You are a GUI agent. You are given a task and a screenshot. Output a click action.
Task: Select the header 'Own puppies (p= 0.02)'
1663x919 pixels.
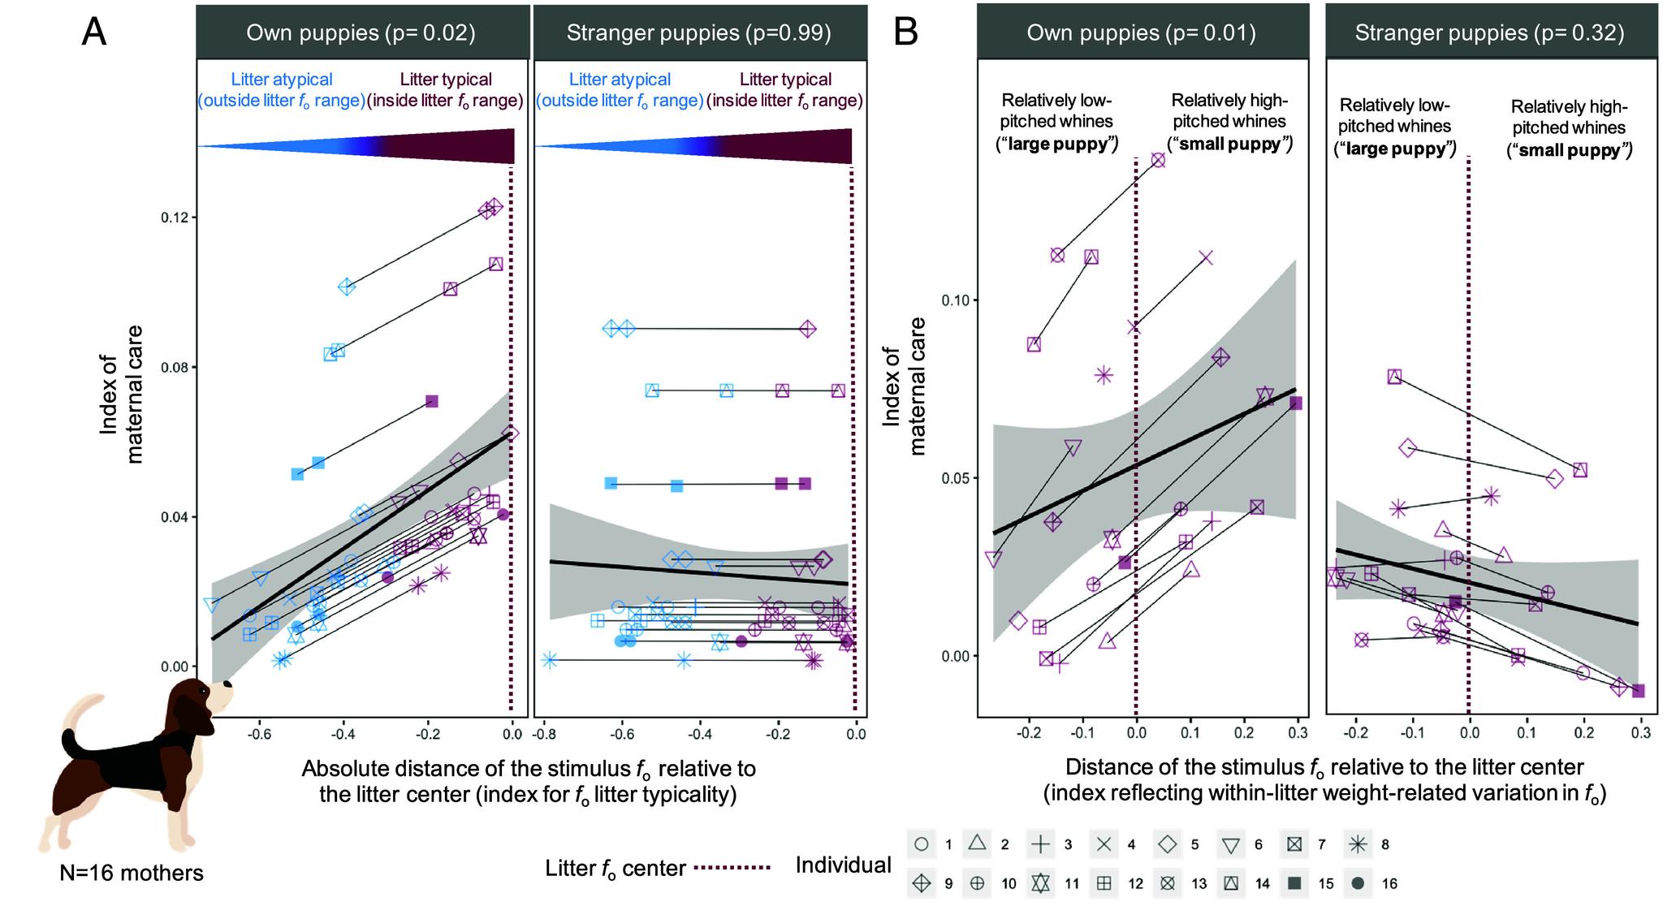pos(361,32)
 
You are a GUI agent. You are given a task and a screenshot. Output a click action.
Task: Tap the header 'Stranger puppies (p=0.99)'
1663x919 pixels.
pos(699,32)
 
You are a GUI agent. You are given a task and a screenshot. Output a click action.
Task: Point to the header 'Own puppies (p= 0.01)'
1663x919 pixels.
pos(1141,32)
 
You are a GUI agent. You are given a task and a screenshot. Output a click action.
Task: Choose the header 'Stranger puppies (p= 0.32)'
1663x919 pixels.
pos(1489,32)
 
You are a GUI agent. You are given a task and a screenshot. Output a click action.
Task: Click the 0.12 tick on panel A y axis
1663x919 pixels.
pos(176,218)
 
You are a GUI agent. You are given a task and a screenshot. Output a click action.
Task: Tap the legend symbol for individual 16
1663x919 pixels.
pos(1358,883)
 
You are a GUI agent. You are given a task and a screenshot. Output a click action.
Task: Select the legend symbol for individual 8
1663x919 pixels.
pos(1358,844)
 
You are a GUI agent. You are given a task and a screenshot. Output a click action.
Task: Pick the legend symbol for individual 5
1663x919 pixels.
pos(1167,844)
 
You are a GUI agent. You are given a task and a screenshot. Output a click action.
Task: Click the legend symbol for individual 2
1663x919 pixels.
pos(977,844)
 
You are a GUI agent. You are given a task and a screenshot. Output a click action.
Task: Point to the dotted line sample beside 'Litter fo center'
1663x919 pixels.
pos(735,868)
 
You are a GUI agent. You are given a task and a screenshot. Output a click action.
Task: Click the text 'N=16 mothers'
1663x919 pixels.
pos(132,873)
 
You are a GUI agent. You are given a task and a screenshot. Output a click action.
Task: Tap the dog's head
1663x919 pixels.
pos(200,702)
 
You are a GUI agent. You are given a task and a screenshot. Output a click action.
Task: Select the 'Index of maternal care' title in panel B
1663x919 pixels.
pos(905,386)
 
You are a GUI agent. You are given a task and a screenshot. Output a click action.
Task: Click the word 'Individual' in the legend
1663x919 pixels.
pos(843,865)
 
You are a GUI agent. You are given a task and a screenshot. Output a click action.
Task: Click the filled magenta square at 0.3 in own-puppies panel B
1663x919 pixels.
pos(1296,403)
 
